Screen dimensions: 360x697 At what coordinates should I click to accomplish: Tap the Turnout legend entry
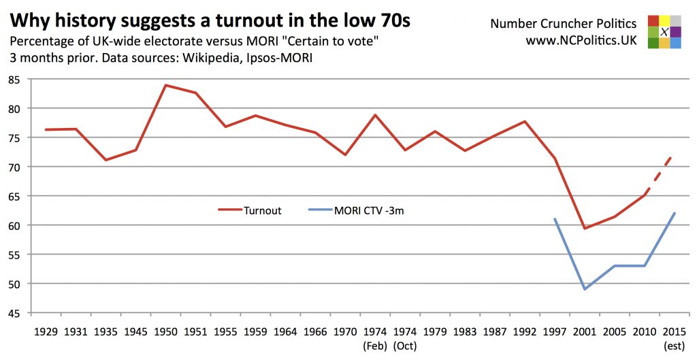click(249, 210)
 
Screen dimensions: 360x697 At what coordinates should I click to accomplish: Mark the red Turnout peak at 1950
click(165, 85)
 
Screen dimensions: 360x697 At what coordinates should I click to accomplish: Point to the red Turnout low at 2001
click(585, 228)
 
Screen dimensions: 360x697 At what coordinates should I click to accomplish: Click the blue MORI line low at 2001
click(585, 289)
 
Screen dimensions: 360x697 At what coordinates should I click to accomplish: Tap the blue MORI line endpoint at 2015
click(674, 213)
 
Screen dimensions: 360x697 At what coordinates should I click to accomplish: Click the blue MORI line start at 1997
click(555, 219)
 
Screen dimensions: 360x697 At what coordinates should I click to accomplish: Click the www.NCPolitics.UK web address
click(581, 40)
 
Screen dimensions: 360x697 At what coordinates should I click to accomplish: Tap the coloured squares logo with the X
click(664, 32)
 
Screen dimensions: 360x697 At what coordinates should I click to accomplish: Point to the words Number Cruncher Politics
click(564, 24)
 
